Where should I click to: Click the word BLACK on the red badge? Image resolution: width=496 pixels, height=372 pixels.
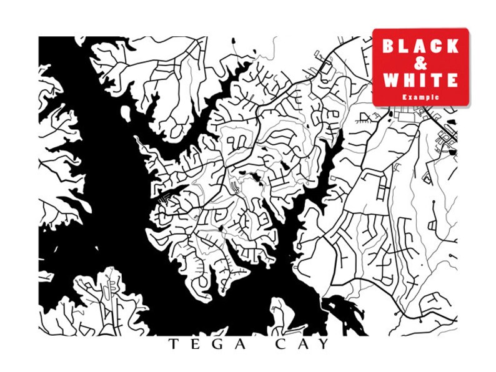(420, 46)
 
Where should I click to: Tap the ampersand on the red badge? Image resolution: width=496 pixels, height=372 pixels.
(420, 63)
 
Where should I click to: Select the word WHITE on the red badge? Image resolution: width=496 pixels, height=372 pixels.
(420, 81)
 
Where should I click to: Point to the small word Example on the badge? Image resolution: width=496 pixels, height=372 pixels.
(420, 97)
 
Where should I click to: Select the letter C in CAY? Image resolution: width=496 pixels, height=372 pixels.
(279, 345)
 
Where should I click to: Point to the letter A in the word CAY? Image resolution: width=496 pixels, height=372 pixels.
(300, 345)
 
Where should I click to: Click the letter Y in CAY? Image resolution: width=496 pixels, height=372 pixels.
(321, 345)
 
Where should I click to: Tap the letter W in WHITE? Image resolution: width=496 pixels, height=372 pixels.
(390, 81)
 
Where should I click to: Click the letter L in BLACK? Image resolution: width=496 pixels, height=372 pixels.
(404, 46)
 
